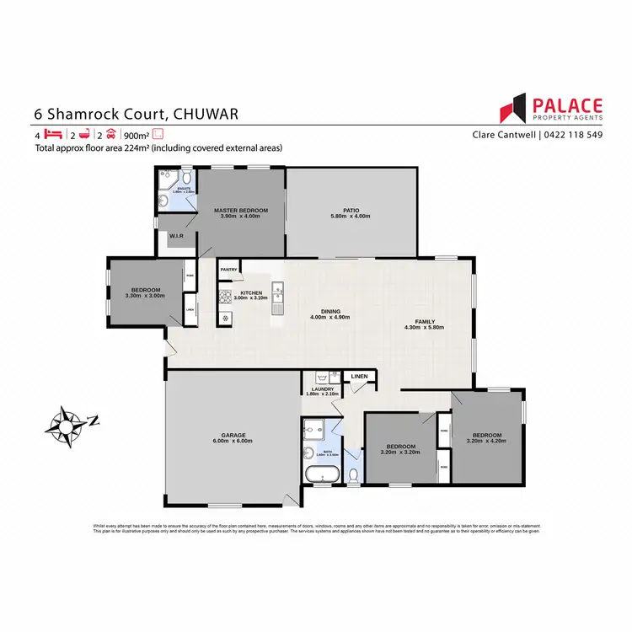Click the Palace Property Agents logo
click(x=552, y=110)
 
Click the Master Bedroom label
click(x=240, y=210)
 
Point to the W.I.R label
click(x=177, y=236)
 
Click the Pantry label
click(x=228, y=270)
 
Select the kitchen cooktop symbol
click(x=225, y=297)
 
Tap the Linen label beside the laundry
click(x=358, y=376)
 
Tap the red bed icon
click(x=54, y=134)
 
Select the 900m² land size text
click(x=136, y=134)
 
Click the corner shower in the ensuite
click(x=166, y=182)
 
